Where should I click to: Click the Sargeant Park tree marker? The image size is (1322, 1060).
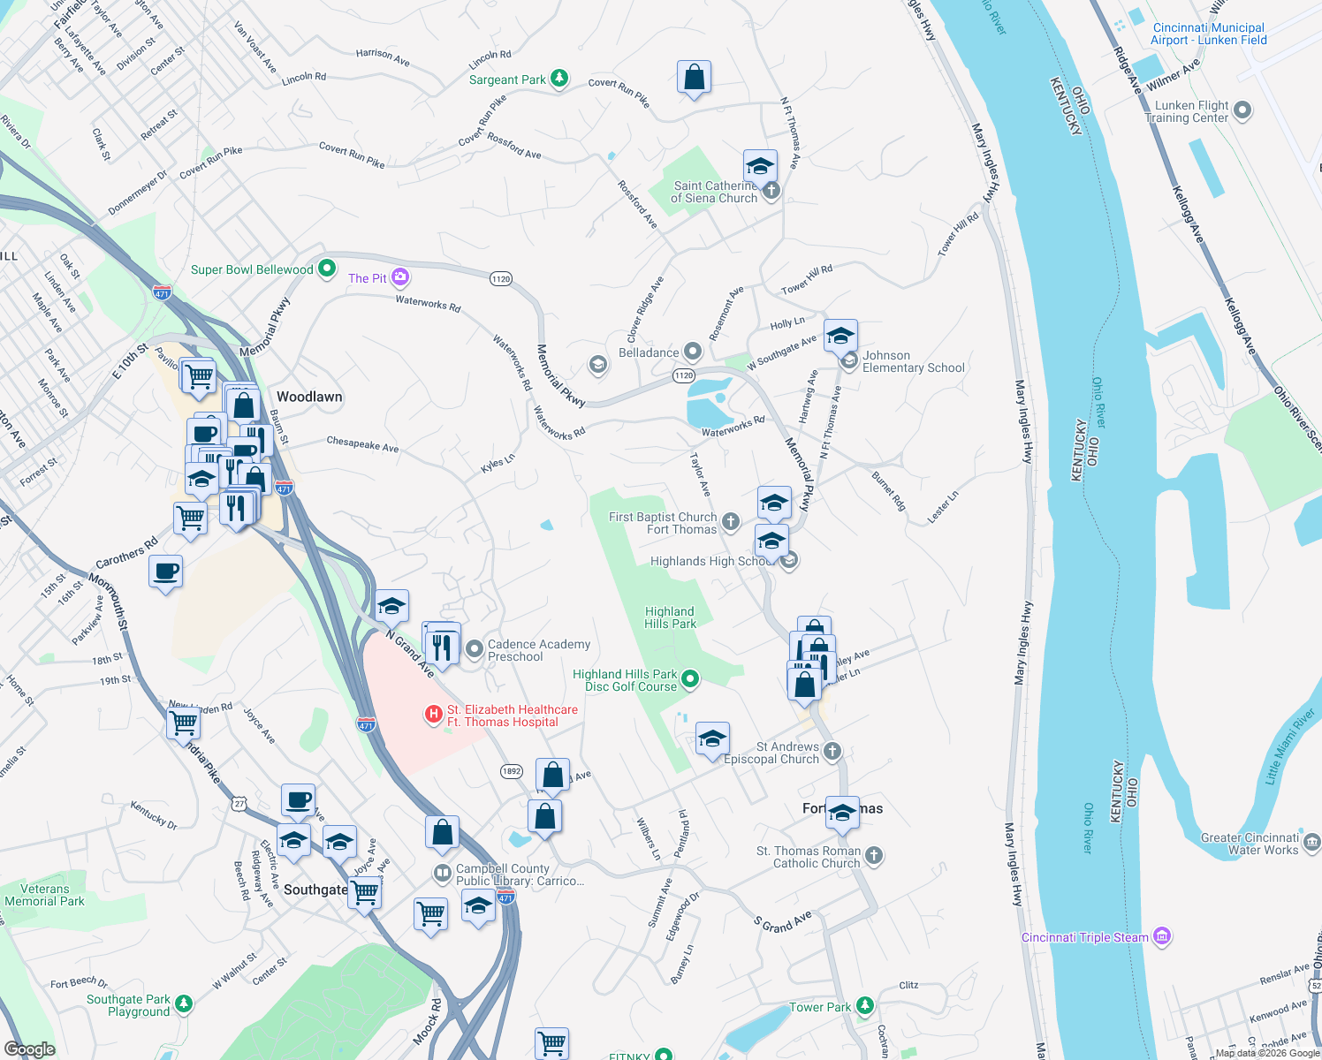(559, 79)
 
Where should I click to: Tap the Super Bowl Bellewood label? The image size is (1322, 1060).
(252, 269)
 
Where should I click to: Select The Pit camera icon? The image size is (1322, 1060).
(400, 277)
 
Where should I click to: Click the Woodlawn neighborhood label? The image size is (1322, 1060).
(309, 397)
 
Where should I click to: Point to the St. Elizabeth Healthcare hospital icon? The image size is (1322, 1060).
(434, 714)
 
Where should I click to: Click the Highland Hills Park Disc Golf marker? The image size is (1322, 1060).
(691, 678)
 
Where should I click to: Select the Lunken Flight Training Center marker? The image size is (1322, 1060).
(1242, 110)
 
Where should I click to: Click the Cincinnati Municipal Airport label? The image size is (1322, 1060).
(1208, 34)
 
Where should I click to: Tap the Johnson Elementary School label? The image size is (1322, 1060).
(913, 361)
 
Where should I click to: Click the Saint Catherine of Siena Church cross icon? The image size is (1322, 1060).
(771, 191)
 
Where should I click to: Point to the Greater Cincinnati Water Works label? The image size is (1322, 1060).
(1250, 844)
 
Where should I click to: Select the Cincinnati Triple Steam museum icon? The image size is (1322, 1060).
(1163, 936)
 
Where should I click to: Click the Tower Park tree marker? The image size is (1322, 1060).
(865, 1006)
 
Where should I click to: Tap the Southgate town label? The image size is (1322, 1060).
(315, 890)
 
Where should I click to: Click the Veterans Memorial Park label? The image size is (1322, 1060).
(44, 895)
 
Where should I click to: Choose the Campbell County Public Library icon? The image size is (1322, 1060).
(442, 874)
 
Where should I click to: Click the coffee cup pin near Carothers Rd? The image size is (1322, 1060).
(166, 572)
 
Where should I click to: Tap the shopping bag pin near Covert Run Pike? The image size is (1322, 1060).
(695, 78)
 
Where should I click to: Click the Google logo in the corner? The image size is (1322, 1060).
(30, 1049)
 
